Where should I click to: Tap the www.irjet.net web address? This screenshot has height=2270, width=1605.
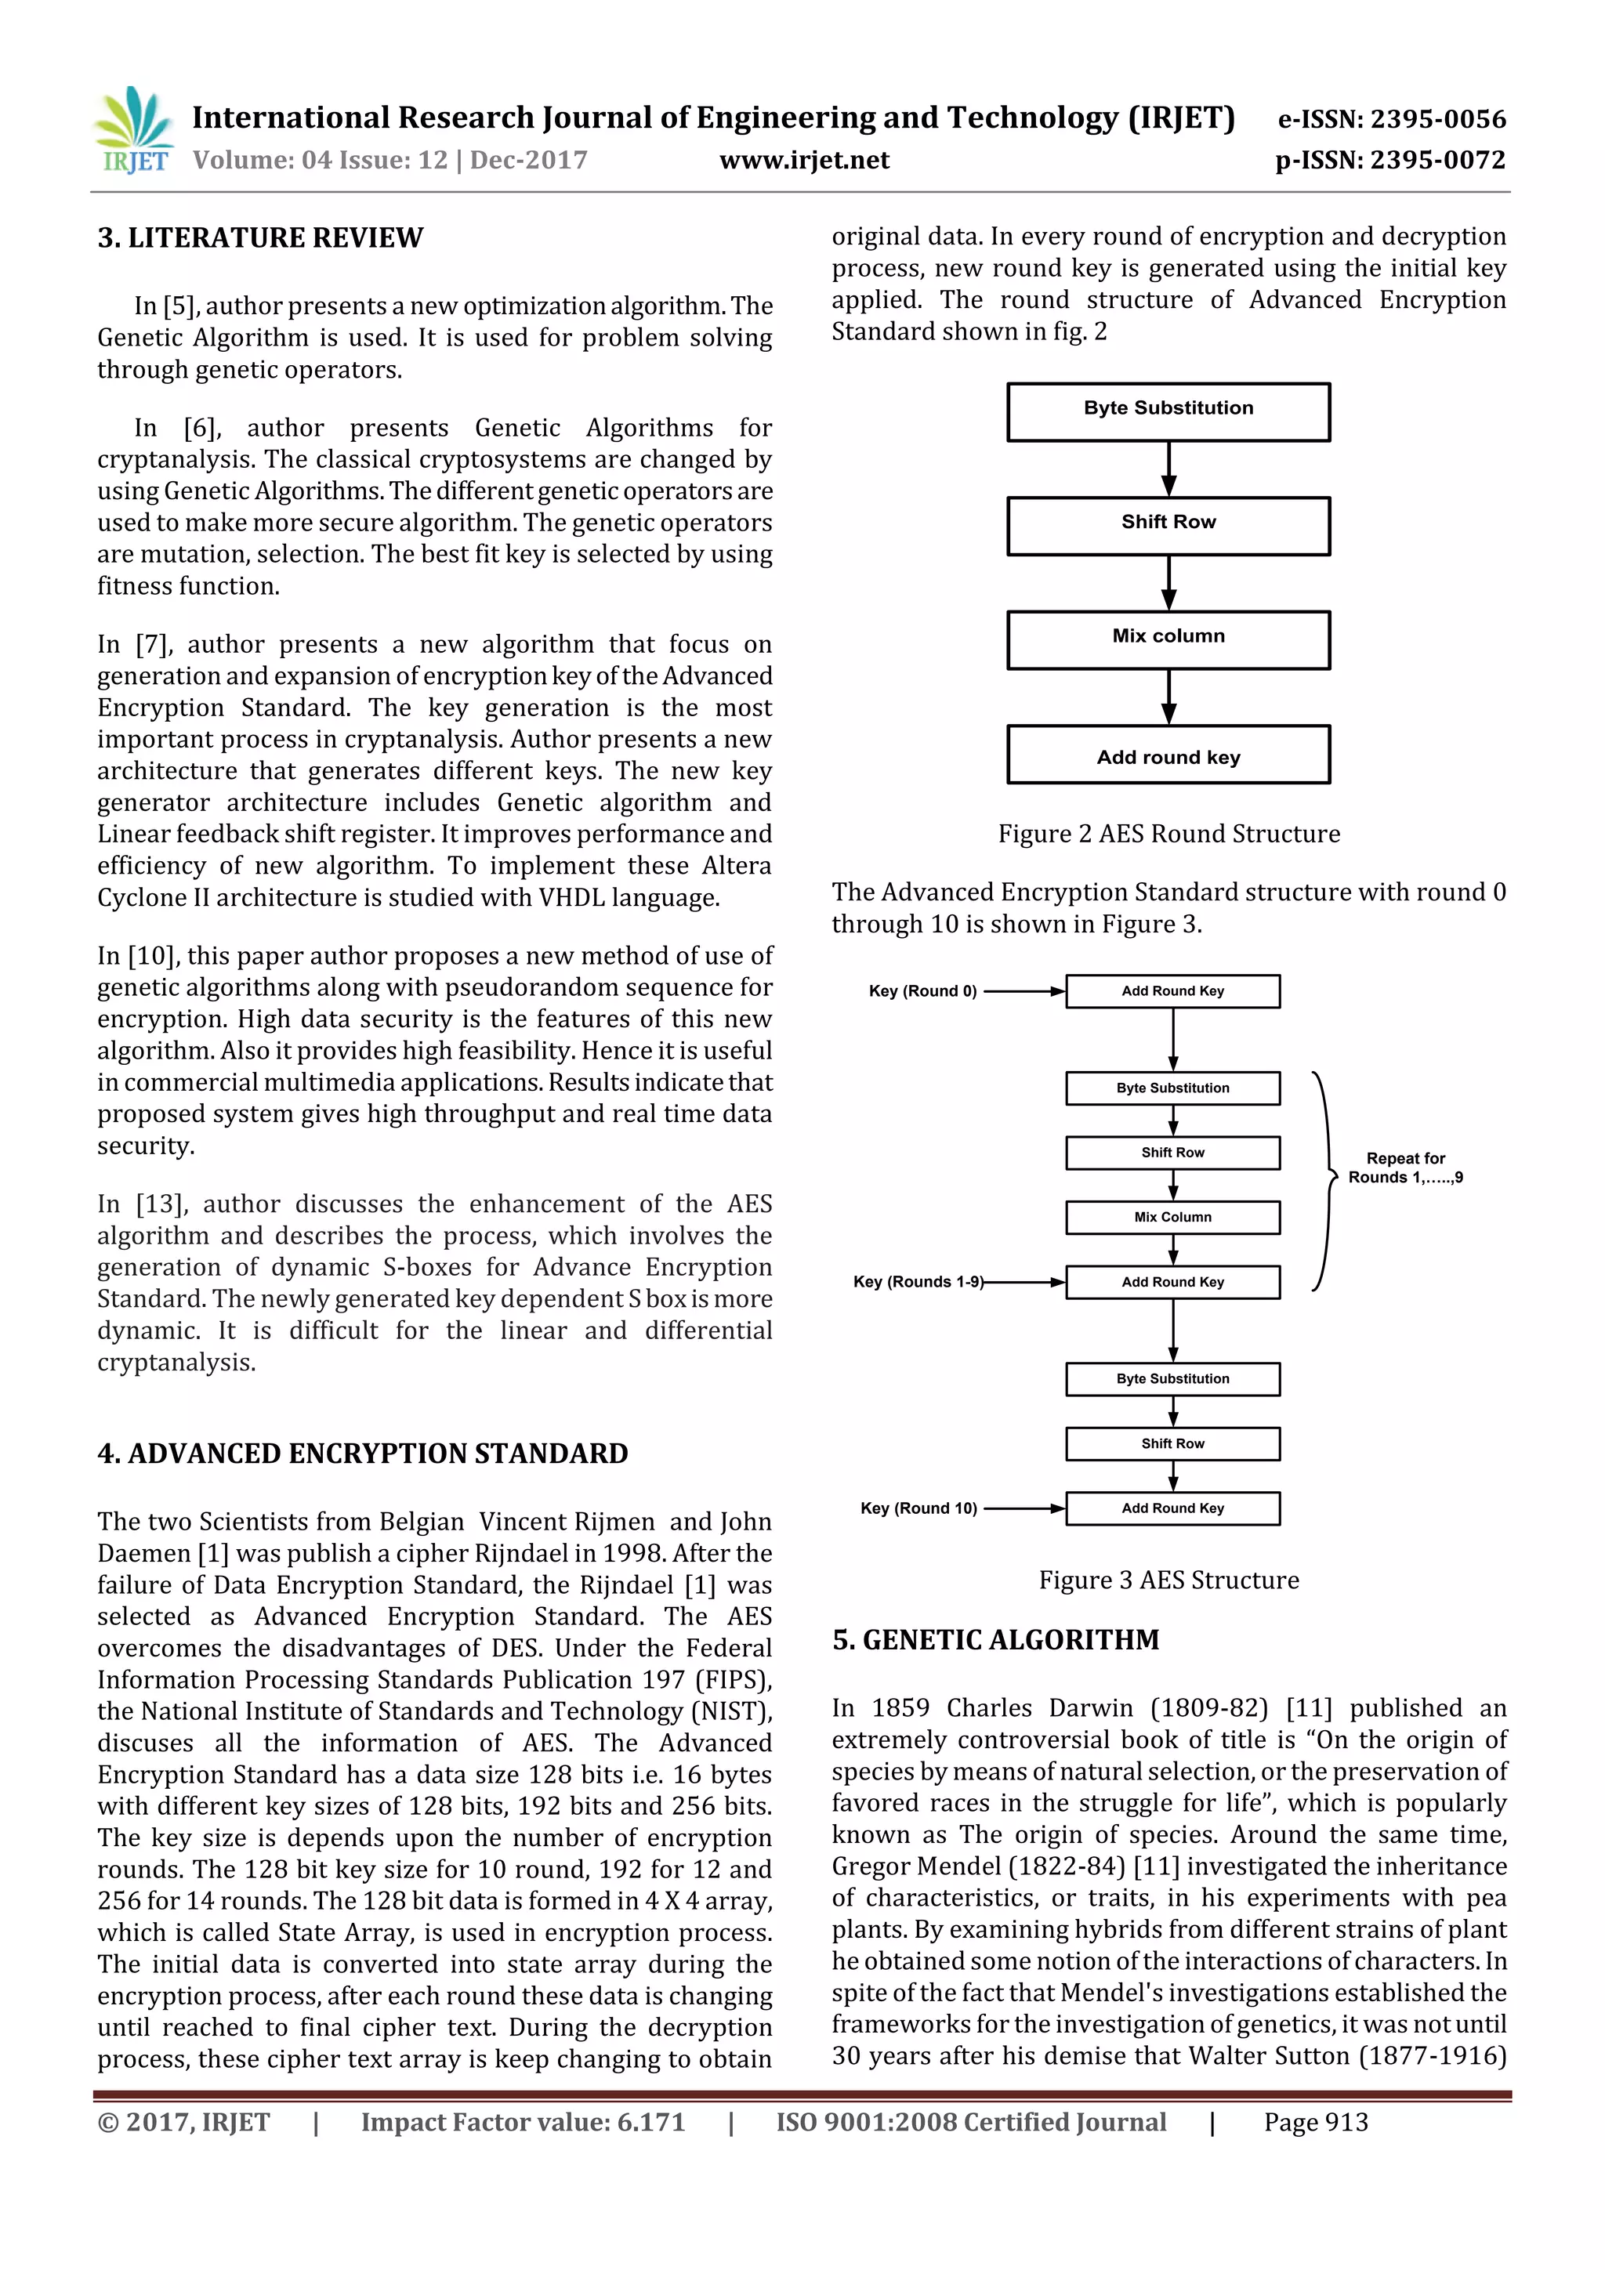pyautogui.click(x=804, y=160)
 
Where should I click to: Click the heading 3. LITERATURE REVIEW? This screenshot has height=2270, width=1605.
pyautogui.click(x=260, y=238)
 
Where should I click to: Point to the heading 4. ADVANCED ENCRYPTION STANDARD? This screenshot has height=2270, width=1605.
pyautogui.click(x=363, y=1454)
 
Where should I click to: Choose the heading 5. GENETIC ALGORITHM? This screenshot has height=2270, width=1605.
pyautogui.click(x=995, y=1640)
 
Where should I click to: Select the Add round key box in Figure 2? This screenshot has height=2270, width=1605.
pyautogui.click(x=1168, y=756)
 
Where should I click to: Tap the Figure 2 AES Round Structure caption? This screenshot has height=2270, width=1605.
pyautogui.click(x=1168, y=834)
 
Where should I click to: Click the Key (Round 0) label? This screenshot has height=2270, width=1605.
pyautogui.click(x=922, y=990)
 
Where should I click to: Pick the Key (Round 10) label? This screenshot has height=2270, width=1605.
pyautogui.click(x=918, y=1508)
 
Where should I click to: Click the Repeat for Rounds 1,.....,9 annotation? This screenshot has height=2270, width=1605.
pyautogui.click(x=1405, y=1168)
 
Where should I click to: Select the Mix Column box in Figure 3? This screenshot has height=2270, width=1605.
pyautogui.click(x=1173, y=1217)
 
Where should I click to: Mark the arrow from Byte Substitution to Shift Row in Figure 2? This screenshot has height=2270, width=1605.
pyautogui.click(x=1168, y=469)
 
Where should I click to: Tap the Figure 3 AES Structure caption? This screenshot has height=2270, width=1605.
pyautogui.click(x=1168, y=1580)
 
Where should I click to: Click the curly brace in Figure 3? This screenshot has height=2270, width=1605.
pyautogui.click(x=1323, y=1181)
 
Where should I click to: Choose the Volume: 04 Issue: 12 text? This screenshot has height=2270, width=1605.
pyautogui.click(x=320, y=160)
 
